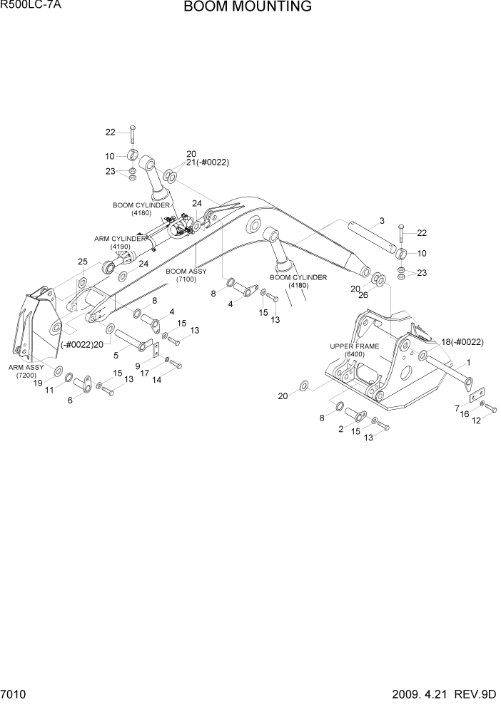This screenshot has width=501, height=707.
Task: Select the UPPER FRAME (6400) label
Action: pos(352,350)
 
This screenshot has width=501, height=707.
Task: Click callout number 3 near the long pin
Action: pos(383,220)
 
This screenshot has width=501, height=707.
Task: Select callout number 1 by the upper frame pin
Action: pos(468,362)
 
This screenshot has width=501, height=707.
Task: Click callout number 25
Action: pos(83,262)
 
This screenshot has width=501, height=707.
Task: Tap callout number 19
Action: pos(40,383)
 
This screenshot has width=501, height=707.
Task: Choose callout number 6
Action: pos(70,401)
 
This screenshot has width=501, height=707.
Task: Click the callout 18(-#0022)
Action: pos(462,342)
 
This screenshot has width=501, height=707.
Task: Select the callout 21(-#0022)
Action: pos(207,162)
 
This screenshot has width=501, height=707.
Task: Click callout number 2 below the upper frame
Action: pos(341,430)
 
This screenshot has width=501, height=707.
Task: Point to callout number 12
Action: pos(477,420)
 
